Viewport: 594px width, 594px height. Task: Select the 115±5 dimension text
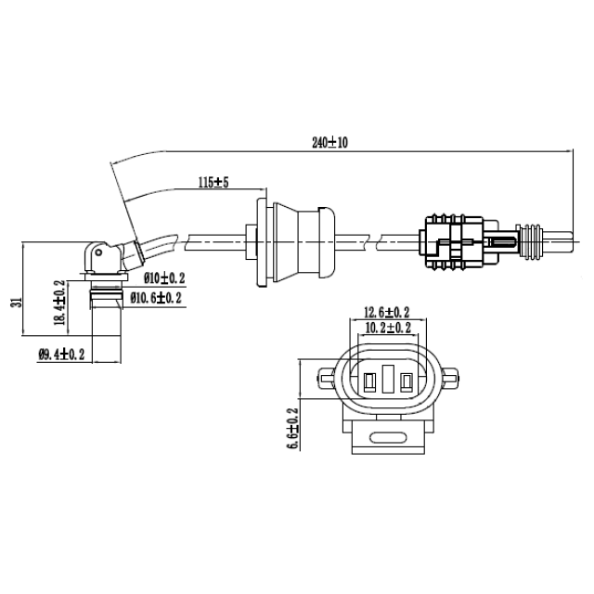pyautogui.click(x=213, y=182)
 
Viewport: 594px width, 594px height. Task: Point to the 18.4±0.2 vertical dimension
pyautogui.click(x=60, y=303)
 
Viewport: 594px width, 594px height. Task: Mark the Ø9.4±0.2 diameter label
pyautogui.click(x=61, y=354)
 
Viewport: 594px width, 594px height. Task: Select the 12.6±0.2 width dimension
pyautogui.click(x=387, y=312)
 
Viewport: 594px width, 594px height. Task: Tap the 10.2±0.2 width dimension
pyautogui.click(x=387, y=328)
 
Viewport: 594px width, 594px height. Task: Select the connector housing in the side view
pyautogui.click(x=454, y=243)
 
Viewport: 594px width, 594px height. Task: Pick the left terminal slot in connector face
pyautogui.click(x=368, y=381)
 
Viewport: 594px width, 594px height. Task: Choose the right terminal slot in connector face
pyautogui.click(x=405, y=381)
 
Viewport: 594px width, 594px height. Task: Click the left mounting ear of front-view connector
pyautogui.click(x=324, y=378)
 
